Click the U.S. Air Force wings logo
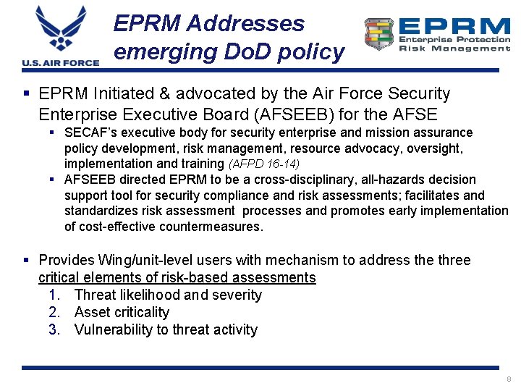click(60, 30)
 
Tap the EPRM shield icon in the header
click(378, 34)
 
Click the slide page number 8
click(509, 379)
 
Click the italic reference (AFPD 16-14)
click(263, 164)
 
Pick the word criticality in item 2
click(143, 313)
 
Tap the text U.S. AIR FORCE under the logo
click(60, 63)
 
